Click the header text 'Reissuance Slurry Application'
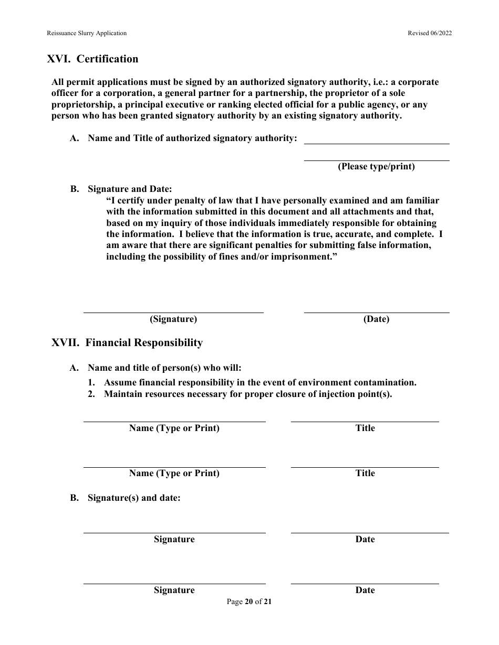[87, 33]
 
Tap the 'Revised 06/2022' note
[430, 33]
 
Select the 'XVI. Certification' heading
[93, 59]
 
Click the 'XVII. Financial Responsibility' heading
[127, 343]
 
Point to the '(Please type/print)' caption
[376, 167]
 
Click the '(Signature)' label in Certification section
[173, 319]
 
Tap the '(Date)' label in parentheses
[377, 319]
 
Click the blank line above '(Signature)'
[173, 312]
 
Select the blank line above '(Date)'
[377, 312]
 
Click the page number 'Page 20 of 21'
[249, 602]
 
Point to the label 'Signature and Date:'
[130, 189]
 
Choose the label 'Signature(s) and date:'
[134, 498]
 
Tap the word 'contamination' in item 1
[386, 383]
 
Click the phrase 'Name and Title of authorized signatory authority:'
[192, 138]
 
